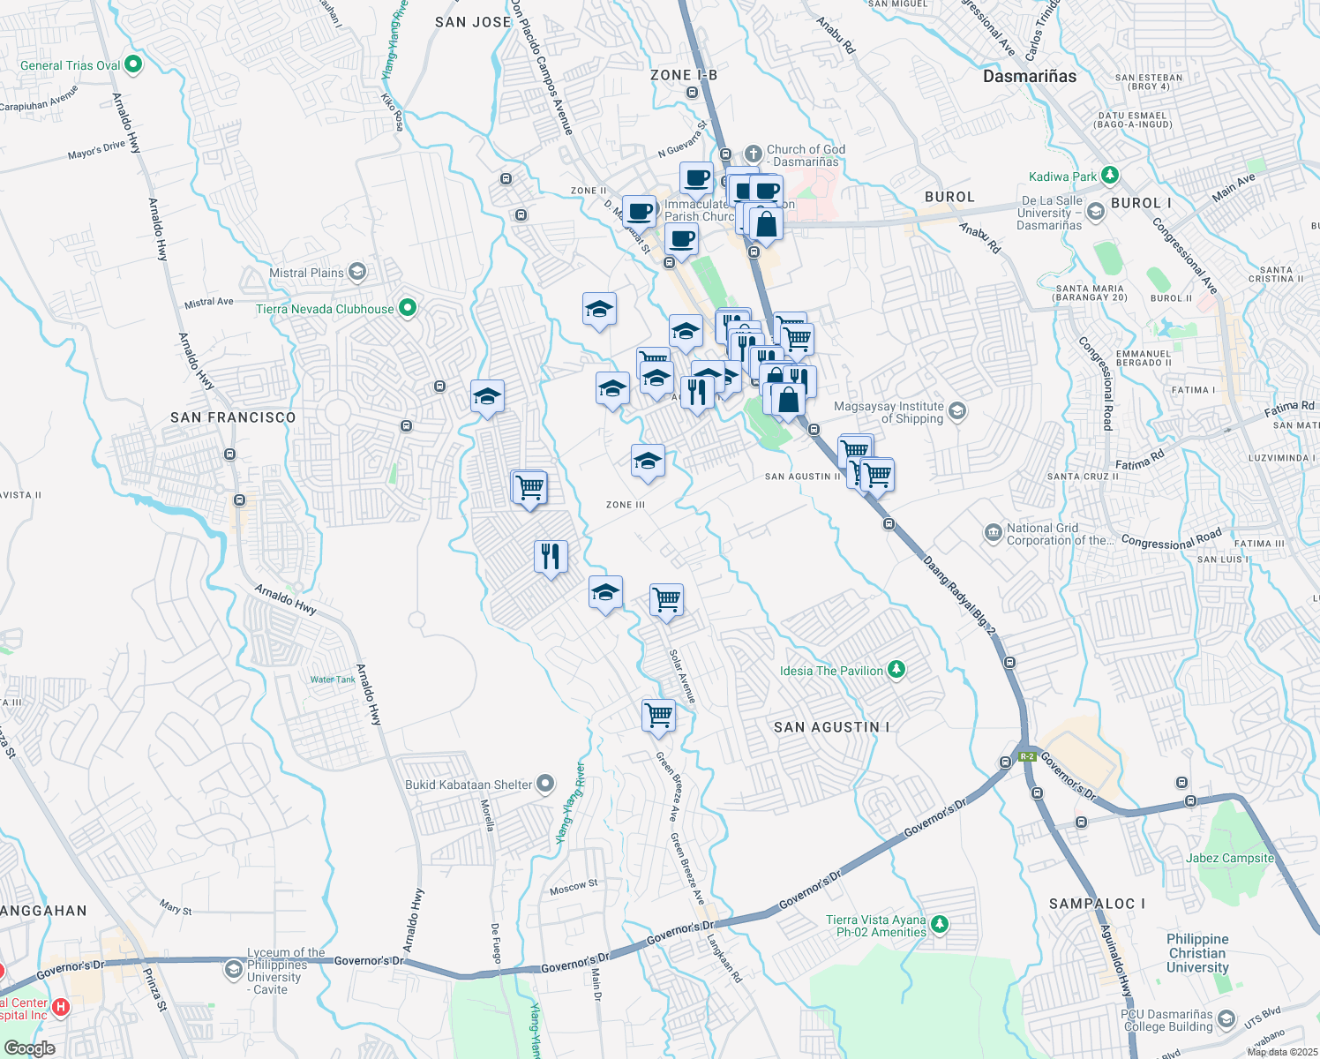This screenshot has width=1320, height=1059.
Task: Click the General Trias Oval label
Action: [71, 65]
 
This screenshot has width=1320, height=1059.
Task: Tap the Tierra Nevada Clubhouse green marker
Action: [407, 308]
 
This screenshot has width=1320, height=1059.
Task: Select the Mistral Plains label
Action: [306, 273]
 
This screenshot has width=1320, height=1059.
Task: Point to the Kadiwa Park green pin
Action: [1110, 176]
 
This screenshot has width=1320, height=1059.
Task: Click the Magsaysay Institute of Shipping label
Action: [889, 412]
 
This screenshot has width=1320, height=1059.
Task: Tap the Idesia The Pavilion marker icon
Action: [896, 670]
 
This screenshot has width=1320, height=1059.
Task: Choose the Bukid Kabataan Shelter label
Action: [469, 785]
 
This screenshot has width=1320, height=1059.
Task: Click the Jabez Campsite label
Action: [1230, 858]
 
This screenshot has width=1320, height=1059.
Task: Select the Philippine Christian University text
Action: [1197, 953]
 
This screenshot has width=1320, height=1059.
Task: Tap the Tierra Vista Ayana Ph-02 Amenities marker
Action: [940, 924]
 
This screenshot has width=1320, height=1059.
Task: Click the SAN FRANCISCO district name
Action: [233, 417]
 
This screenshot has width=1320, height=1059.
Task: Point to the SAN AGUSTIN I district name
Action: [831, 727]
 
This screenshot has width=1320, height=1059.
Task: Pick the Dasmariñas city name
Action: [1030, 77]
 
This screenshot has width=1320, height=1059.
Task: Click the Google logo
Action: [29, 1048]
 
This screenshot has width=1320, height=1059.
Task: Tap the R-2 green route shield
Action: [1026, 756]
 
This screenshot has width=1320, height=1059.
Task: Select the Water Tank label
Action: [333, 680]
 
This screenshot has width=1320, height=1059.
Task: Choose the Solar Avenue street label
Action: [682, 677]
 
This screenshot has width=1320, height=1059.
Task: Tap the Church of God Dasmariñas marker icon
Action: [753, 153]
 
